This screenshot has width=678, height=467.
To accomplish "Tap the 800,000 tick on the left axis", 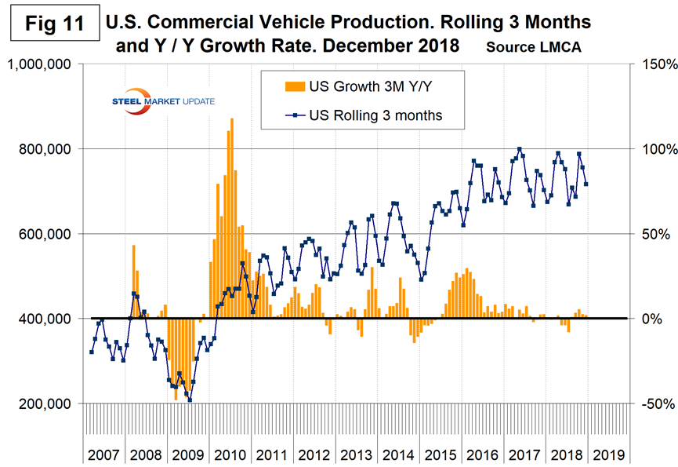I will (x=49, y=149).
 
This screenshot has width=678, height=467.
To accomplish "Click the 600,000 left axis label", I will (x=49, y=234).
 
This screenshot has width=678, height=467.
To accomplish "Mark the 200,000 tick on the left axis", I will (x=49, y=403).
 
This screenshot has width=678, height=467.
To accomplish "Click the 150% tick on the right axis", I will (x=652, y=64).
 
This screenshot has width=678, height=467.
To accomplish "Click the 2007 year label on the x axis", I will (x=105, y=454).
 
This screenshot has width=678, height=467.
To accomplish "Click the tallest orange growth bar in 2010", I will (x=231, y=119).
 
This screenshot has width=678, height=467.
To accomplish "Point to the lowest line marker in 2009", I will (x=190, y=400).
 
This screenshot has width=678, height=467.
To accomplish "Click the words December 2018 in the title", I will (x=394, y=46).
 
